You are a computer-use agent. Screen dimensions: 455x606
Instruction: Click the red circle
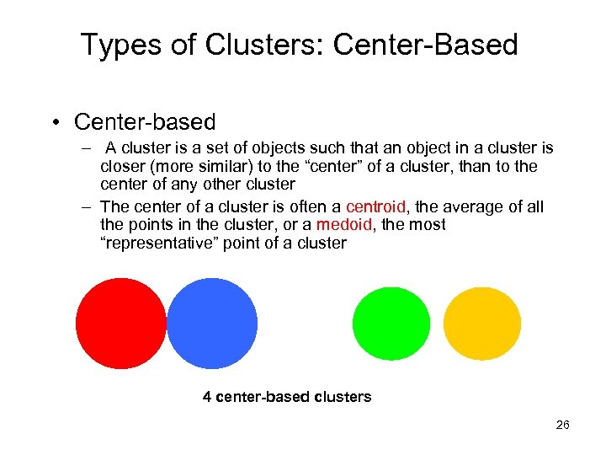click(120, 324)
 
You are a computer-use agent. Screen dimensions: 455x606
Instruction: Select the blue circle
click(212, 324)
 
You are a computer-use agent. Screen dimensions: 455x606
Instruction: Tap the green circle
click(391, 324)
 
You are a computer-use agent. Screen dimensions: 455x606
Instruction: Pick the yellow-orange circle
click(482, 324)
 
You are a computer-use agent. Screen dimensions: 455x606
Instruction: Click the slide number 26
click(562, 425)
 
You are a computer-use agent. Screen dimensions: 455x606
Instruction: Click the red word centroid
click(375, 207)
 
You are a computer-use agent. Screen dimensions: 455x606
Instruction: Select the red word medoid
click(339, 225)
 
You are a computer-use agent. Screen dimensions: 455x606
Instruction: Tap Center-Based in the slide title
click(426, 45)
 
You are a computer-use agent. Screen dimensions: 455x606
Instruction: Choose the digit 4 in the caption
click(207, 396)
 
